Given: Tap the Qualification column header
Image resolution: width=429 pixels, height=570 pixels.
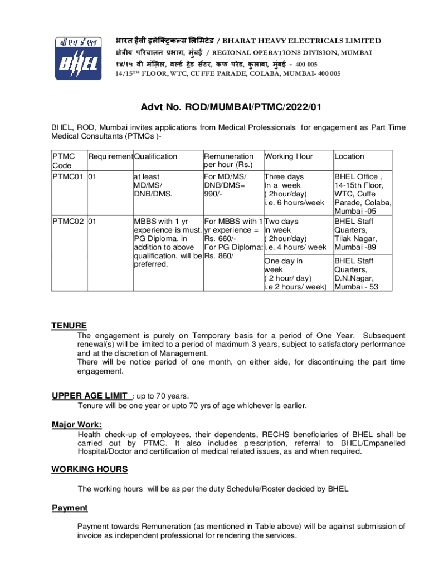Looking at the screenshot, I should [x=155, y=156].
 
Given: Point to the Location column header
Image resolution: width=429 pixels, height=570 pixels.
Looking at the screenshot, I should [x=349, y=156].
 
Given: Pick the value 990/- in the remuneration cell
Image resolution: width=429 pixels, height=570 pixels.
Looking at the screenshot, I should [x=214, y=194].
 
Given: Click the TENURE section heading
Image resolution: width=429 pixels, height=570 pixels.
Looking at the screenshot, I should [x=69, y=326].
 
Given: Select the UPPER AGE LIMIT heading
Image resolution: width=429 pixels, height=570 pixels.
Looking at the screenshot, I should [x=91, y=396].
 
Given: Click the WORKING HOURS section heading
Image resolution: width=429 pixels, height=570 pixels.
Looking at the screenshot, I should [x=89, y=469].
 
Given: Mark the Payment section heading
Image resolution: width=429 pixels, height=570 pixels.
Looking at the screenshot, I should [x=70, y=508].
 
